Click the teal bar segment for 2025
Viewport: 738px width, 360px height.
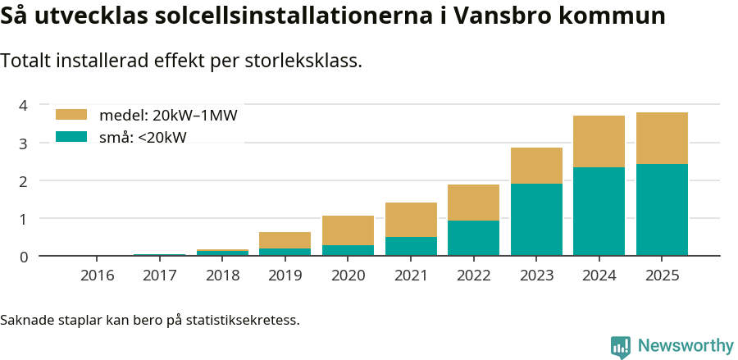(x=662, y=210)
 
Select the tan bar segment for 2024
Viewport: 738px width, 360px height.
(x=599, y=141)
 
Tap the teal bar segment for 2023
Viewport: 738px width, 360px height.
(x=536, y=220)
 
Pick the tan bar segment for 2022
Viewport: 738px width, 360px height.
(x=473, y=203)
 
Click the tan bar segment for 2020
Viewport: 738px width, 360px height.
(x=348, y=230)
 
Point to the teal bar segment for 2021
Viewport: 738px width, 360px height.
(x=411, y=246)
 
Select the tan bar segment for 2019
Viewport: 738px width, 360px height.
(x=285, y=240)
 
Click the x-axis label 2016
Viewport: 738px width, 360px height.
(x=97, y=276)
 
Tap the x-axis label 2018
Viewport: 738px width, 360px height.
(x=222, y=276)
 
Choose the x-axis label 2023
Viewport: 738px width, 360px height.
(x=536, y=276)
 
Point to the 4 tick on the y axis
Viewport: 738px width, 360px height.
(x=24, y=105)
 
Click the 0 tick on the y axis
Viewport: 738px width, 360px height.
(x=24, y=257)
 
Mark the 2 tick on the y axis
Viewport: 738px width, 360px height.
(x=24, y=181)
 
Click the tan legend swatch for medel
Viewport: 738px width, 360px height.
(x=71, y=115)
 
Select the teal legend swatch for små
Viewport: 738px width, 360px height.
(x=71, y=137)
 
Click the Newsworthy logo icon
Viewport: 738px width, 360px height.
(x=621, y=347)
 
